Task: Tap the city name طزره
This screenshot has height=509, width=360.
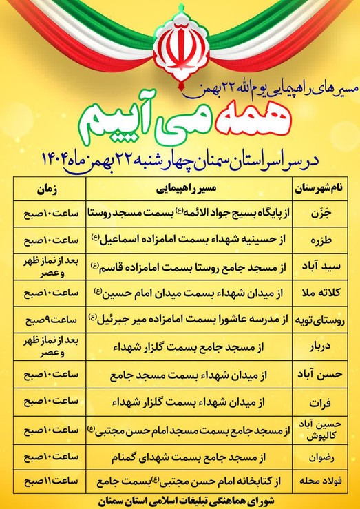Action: click(x=321, y=239)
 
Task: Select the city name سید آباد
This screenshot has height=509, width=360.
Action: click(x=321, y=264)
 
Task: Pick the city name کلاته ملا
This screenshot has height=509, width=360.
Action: click(x=321, y=291)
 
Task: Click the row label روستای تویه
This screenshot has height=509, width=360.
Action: click(x=321, y=318)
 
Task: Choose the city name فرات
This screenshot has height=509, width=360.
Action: click(x=321, y=402)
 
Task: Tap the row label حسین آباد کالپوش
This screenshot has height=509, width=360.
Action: click(x=321, y=428)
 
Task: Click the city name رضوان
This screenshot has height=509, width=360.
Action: click(x=321, y=455)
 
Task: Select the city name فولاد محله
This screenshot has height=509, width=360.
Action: click(x=321, y=481)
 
